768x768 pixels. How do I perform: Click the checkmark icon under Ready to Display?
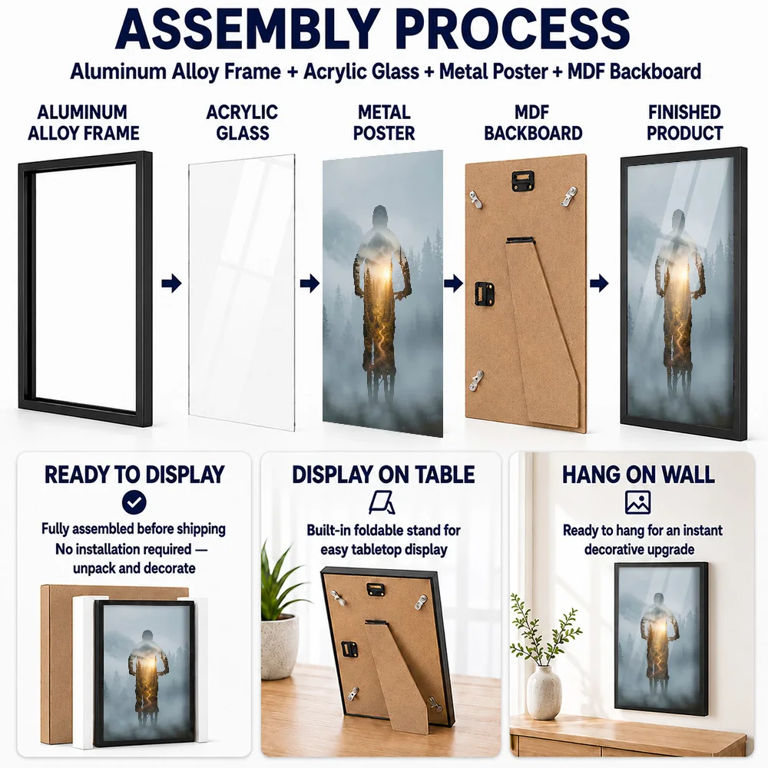[x=134, y=502]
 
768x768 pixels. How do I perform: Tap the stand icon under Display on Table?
[x=382, y=503]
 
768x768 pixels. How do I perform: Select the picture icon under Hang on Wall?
[x=637, y=502]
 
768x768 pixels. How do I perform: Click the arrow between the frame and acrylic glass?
[x=171, y=283]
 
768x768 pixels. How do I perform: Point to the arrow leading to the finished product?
[x=599, y=283]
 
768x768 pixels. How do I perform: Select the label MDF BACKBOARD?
[x=533, y=122]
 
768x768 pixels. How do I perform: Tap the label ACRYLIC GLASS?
[x=243, y=122]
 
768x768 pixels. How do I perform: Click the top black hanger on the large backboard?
[x=523, y=180]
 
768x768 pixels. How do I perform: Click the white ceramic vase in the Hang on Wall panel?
[x=544, y=692]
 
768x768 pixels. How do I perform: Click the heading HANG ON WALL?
[x=638, y=475]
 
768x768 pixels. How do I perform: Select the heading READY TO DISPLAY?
[x=134, y=475]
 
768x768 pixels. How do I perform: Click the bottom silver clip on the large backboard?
[x=477, y=381]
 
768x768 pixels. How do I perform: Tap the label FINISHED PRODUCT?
[x=684, y=122]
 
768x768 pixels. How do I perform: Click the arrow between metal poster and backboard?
[x=454, y=283]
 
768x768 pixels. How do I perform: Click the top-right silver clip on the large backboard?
[x=569, y=196]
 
